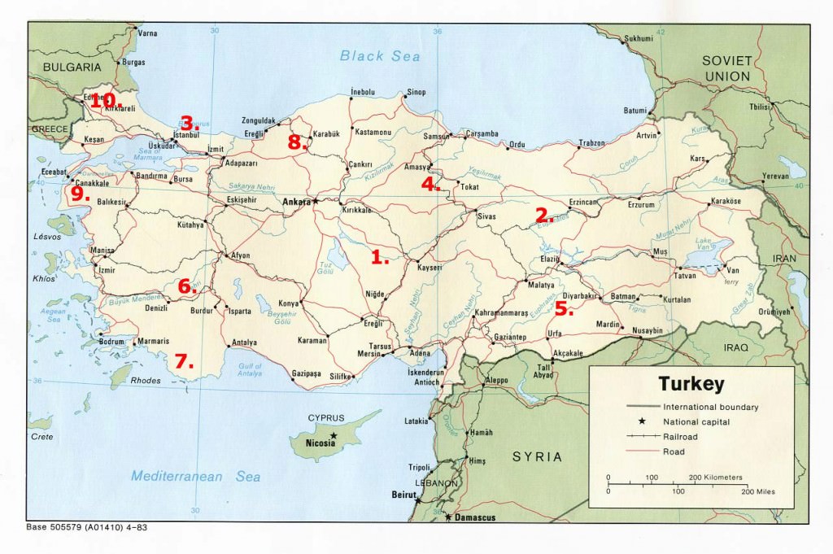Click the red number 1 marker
[x=378, y=257]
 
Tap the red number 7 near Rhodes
[x=184, y=360]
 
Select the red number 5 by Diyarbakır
[x=564, y=308]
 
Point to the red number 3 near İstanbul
[x=189, y=124]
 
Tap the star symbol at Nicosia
[x=333, y=436]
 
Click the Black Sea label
[x=380, y=56]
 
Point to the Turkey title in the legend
[x=691, y=384]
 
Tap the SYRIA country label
[x=537, y=456]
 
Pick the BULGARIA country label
[x=72, y=67]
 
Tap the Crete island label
[x=42, y=437]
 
